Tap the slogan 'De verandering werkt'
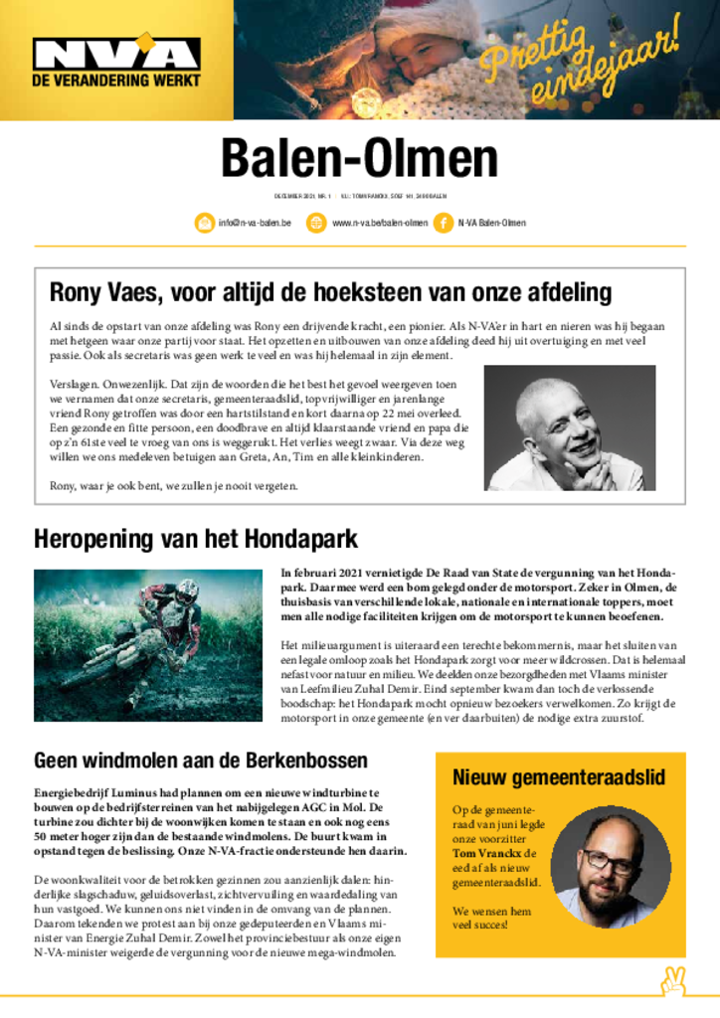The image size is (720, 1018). [116, 80]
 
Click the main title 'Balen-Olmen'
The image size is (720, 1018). [359, 158]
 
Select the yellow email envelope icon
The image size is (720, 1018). [204, 223]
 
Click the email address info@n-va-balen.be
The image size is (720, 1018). [255, 223]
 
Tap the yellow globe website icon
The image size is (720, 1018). [316, 223]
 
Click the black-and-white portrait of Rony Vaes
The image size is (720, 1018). [569, 427]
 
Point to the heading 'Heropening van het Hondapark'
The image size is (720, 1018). [196, 540]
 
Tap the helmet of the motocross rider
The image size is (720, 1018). [186, 593]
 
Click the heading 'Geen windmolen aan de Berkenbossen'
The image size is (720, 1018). [201, 761]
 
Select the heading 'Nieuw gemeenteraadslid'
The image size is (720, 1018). [559, 777]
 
